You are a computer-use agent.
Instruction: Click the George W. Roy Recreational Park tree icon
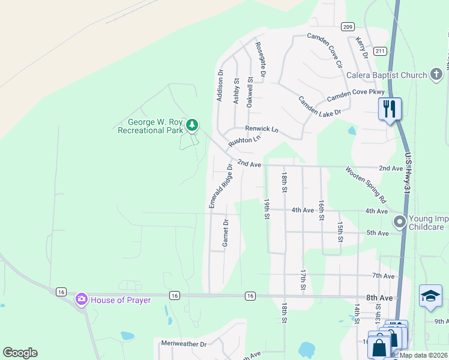(x=191, y=125)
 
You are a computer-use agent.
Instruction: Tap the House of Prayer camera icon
(x=81, y=299)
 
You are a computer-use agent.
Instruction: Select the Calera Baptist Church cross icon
(x=436, y=75)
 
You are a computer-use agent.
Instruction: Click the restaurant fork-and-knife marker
(x=390, y=109)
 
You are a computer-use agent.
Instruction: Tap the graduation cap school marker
(x=430, y=296)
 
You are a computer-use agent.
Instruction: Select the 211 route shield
(x=379, y=51)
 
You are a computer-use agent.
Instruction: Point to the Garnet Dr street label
(x=226, y=233)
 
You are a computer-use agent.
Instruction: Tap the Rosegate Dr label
(x=260, y=59)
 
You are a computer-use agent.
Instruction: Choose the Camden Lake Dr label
(x=320, y=105)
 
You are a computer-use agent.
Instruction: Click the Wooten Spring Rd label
(x=365, y=183)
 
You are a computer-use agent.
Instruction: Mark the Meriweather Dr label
(x=184, y=344)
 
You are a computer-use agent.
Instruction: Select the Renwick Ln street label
(x=262, y=129)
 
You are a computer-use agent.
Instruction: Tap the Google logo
(x=20, y=353)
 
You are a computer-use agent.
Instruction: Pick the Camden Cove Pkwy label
(x=355, y=95)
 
